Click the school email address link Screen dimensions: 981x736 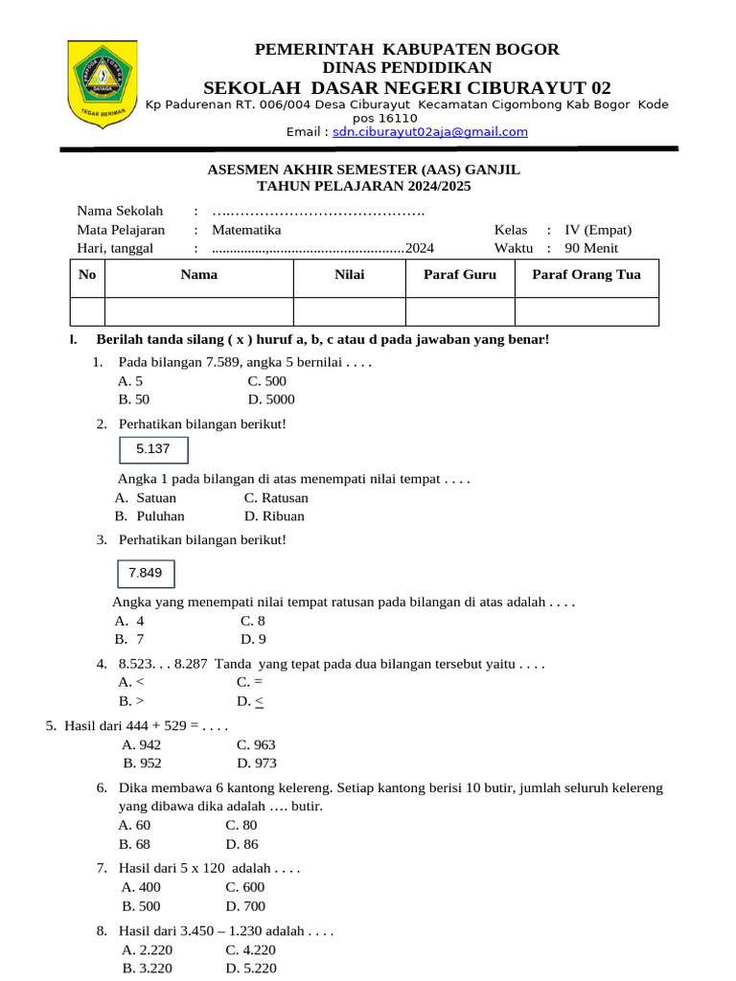(x=430, y=132)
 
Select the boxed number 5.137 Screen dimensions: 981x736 (x=153, y=449)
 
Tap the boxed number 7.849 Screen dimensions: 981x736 (x=146, y=574)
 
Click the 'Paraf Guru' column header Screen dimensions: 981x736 (x=460, y=275)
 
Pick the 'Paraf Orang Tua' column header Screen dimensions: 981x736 (x=586, y=275)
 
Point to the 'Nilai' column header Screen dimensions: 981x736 (x=349, y=275)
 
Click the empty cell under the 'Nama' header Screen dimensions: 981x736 (x=198, y=311)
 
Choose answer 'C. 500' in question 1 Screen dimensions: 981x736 (x=266, y=381)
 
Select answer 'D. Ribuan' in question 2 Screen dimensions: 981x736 (x=274, y=516)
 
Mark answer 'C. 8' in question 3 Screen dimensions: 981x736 (x=253, y=621)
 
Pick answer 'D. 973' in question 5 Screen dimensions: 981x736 (x=256, y=764)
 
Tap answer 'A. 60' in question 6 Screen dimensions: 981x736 (x=134, y=825)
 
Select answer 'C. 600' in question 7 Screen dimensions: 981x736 (x=244, y=887)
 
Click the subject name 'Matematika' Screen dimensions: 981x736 (x=246, y=230)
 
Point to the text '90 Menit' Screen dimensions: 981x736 (x=591, y=248)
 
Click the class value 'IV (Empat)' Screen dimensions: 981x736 (x=598, y=230)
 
